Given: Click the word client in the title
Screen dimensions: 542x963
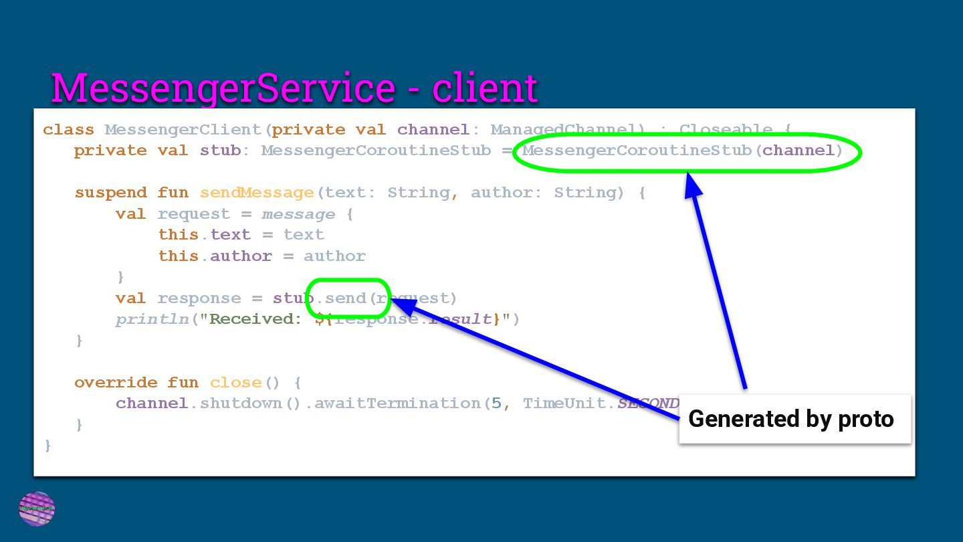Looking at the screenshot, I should [x=485, y=88].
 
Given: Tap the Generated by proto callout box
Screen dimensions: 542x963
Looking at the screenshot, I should [x=794, y=419].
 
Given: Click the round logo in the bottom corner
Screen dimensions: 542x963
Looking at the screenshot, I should [x=37, y=509].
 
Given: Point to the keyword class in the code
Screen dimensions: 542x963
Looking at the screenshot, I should [x=68, y=130].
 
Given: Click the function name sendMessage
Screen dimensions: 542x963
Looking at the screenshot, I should [x=257, y=193].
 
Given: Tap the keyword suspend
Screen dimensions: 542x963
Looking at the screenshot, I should [x=110, y=193].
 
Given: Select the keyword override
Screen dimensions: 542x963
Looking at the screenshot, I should [x=116, y=383].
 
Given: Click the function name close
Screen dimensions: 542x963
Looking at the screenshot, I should [x=235, y=383].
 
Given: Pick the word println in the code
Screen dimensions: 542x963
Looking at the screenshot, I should [x=152, y=319].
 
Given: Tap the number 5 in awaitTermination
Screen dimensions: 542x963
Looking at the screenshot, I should [x=496, y=403].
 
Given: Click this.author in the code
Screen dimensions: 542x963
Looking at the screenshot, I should [x=215, y=256].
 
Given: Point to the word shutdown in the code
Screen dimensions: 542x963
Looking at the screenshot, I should [x=241, y=403].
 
